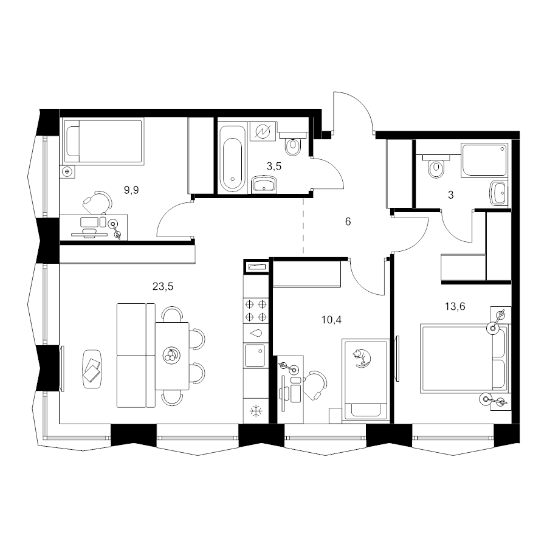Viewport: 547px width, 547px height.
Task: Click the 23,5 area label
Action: (163, 286)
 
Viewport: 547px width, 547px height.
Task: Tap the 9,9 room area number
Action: (131, 190)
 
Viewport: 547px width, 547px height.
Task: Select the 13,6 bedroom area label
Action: (455, 306)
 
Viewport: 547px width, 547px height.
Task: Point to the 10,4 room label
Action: (331, 320)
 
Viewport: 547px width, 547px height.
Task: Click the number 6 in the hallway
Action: (348, 221)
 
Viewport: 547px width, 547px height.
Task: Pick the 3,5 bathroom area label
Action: (274, 167)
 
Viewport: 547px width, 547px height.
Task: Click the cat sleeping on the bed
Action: (362, 358)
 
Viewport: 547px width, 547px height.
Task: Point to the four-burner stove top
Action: (256, 310)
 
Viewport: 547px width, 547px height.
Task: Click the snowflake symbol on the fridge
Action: (256, 411)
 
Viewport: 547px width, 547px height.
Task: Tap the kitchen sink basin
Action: (255, 356)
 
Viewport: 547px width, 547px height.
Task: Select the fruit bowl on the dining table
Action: (171, 356)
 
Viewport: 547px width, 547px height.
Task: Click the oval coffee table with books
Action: (92, 369)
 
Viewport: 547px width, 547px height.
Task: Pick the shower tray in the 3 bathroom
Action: (484, 159)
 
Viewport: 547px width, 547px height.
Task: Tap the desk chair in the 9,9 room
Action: (98, 202)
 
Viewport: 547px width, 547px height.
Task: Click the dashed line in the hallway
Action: (303, 225)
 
